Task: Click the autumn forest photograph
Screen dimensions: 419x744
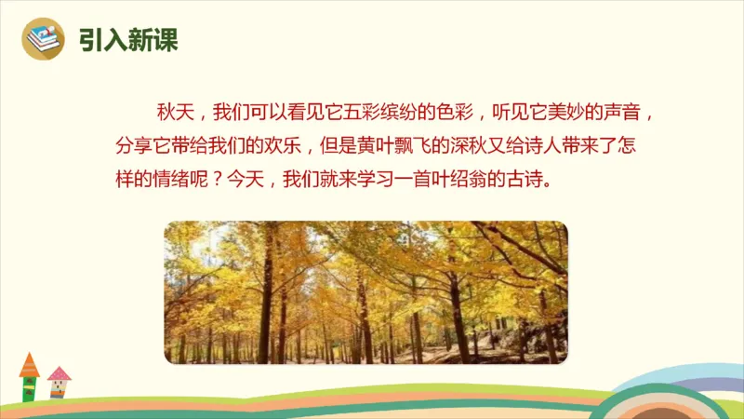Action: [365, 291]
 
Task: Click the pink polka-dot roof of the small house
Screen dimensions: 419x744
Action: [59, 374]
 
